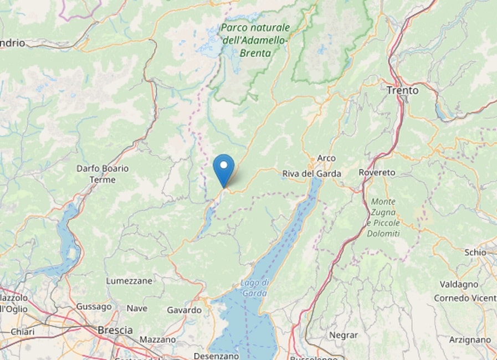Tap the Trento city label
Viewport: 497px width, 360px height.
coord(402,90)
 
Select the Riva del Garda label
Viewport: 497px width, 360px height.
coord(311,173)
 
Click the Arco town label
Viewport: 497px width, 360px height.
coord(326,158)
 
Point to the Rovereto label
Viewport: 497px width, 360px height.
coord(377,172)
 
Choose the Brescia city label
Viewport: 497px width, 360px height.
coord(115,330)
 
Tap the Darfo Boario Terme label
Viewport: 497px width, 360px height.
coord(103,174)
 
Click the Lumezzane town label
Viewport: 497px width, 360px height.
coord(129,281)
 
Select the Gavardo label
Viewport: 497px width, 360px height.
coord(184,310)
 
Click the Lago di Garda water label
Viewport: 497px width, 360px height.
coord(254,288)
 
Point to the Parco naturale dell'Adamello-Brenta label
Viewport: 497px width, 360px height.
coord(255,40)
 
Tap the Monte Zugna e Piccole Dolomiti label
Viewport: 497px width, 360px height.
coord(383,218)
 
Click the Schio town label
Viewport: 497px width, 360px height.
coord(475,252)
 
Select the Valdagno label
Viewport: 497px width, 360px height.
coord(459,284)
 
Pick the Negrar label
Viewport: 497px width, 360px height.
coord(344,335)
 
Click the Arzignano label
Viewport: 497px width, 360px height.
coord(470,340)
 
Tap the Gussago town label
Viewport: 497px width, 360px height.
coord(94,306)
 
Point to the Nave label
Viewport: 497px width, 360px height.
coord(137,308)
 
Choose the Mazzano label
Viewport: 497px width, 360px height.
coord(158,339)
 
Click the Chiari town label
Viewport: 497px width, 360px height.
coord(22,331)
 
